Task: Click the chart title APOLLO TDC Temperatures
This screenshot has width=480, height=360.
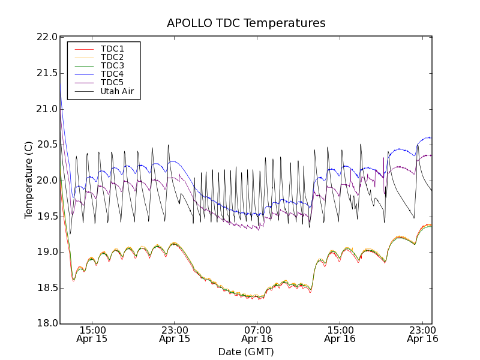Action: tap(246, 23)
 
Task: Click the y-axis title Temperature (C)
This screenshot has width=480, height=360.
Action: tap(29, 180)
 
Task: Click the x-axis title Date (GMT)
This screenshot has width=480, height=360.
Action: tap(246, 352)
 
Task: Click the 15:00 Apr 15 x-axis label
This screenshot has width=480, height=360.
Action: tap(92, 334)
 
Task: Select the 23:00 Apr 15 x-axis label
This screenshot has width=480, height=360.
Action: tap(175, 334)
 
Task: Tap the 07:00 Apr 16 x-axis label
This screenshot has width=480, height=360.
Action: tap(257, 334)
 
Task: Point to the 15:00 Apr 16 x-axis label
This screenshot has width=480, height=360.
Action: tap(340, 334)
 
